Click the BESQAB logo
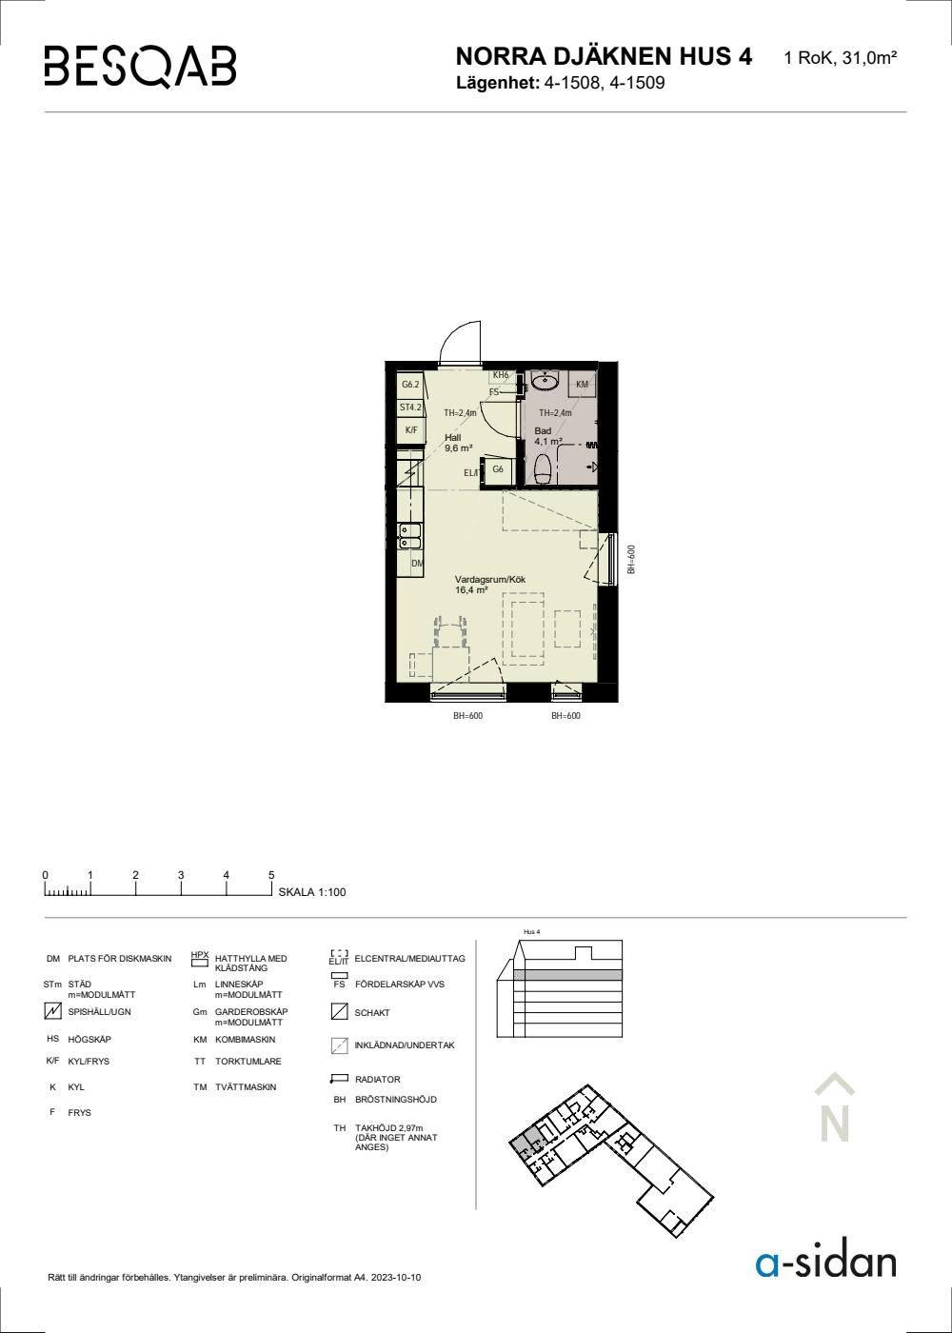click(141, 67)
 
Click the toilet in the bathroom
click(543, 469)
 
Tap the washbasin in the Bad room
click(544, 380)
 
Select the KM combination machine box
click(583, 385)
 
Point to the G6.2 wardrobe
click(410, 385)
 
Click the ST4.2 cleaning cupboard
click(410, 408)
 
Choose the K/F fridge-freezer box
click(411, 430)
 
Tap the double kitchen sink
click(410, 535)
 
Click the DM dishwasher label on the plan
click(418, 563)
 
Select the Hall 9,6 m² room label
click(459, 443)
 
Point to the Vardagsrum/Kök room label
click(490, 585)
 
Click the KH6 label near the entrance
click(501, 375)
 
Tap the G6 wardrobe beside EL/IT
click(498, 468)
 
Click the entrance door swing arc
click(449, 334)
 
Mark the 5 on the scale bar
click(271, 875)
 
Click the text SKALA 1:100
click(312, 892)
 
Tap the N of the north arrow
click(834, 1124)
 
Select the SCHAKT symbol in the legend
click(339, 1011)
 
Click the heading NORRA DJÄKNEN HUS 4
click(604, 56)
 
